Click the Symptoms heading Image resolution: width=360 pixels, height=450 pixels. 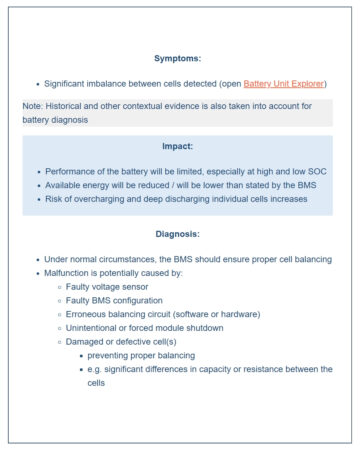click(178, 58)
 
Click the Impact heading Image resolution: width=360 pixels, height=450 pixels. click(178, 146)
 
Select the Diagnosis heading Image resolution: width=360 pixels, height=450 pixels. click(178, 234)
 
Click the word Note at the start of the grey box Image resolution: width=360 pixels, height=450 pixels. click(32, 106)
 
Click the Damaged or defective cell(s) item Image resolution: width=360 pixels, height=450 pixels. click(120, 341)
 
